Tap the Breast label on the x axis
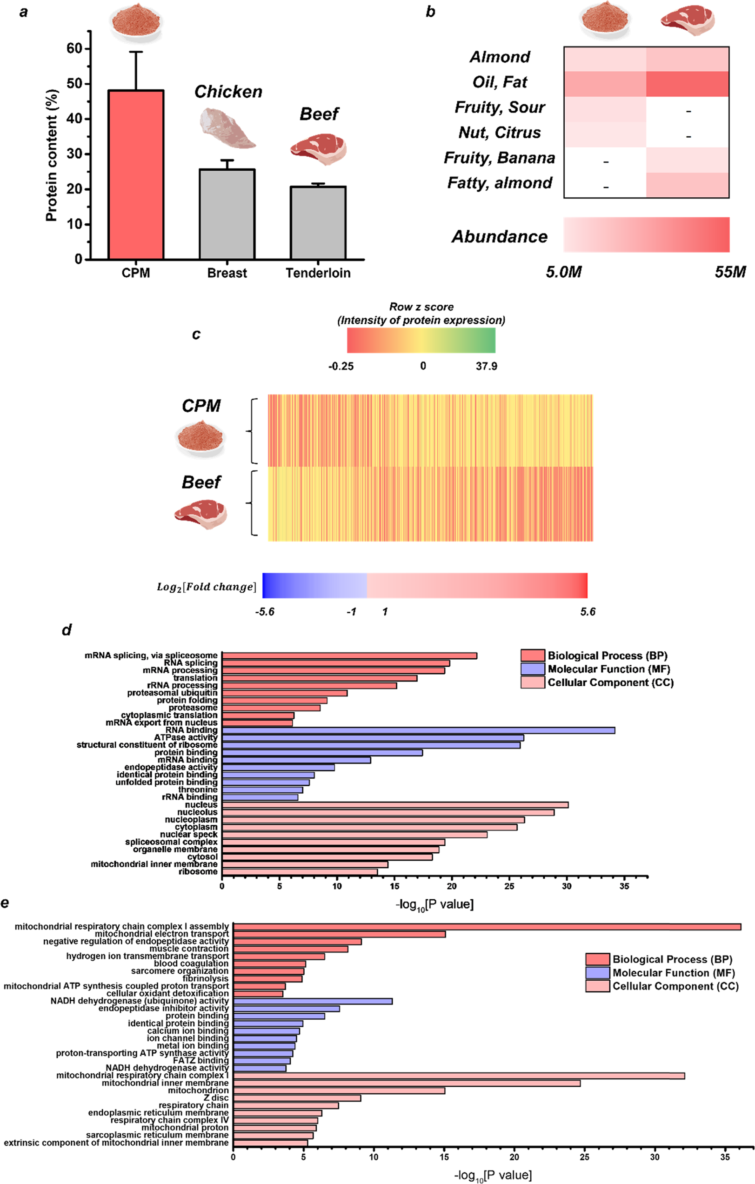227,273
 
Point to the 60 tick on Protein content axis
74,48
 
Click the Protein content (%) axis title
51,155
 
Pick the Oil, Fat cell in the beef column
687,84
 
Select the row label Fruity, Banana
500,158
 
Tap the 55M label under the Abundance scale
730,272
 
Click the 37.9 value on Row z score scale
486,366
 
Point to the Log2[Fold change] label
207,587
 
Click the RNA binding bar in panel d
418,731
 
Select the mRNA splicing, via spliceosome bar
349,656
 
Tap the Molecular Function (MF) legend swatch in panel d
533,669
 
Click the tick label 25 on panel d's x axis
509,886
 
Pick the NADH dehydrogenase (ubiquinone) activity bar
313,1001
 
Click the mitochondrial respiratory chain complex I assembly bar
487,927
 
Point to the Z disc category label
216,1097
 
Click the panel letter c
196,335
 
